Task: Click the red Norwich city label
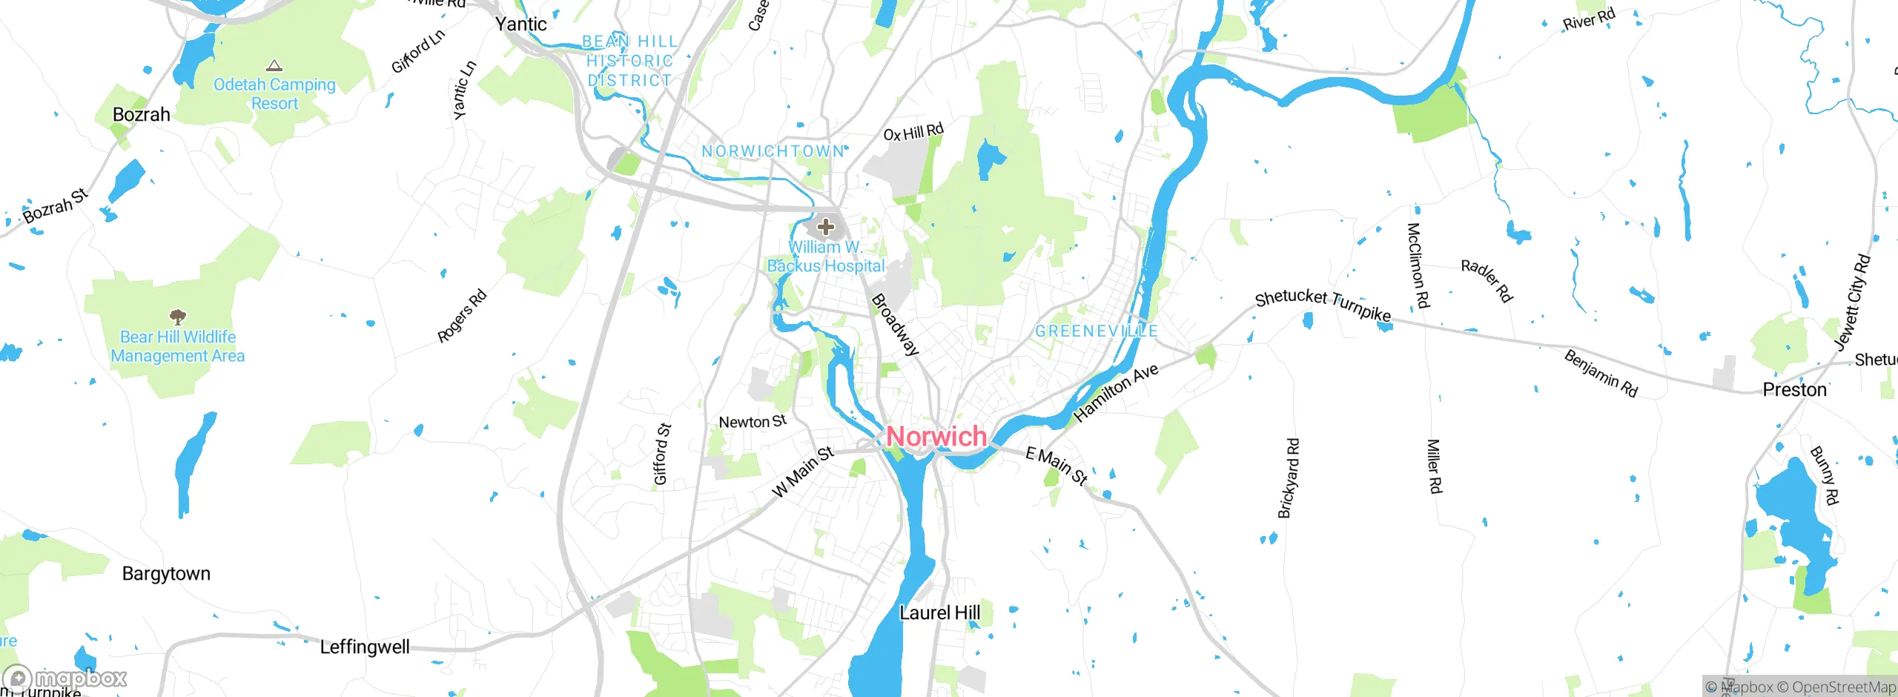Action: point(936,437)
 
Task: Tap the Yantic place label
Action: point(520,24)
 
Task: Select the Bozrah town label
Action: point(141,115)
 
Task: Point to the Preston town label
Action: point(1794,390)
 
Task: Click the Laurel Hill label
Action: point(939,613)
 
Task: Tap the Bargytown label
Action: point(166,574)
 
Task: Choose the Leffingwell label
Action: point(364,647)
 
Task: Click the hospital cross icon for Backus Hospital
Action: point(826,227)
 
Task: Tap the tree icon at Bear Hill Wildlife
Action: point(177,317)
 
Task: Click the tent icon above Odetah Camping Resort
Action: point(274,66)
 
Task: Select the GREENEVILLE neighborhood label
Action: point(1096,331)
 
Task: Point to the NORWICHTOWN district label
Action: point(773,151)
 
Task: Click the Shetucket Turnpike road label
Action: point(1323,305)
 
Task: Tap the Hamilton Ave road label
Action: point(1116,393)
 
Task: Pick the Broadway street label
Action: point(895,325)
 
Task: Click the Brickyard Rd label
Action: point(1289,478)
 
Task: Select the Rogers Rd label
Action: point(462,316)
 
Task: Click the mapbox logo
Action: point(65,678)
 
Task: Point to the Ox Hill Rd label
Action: point(913,132)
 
